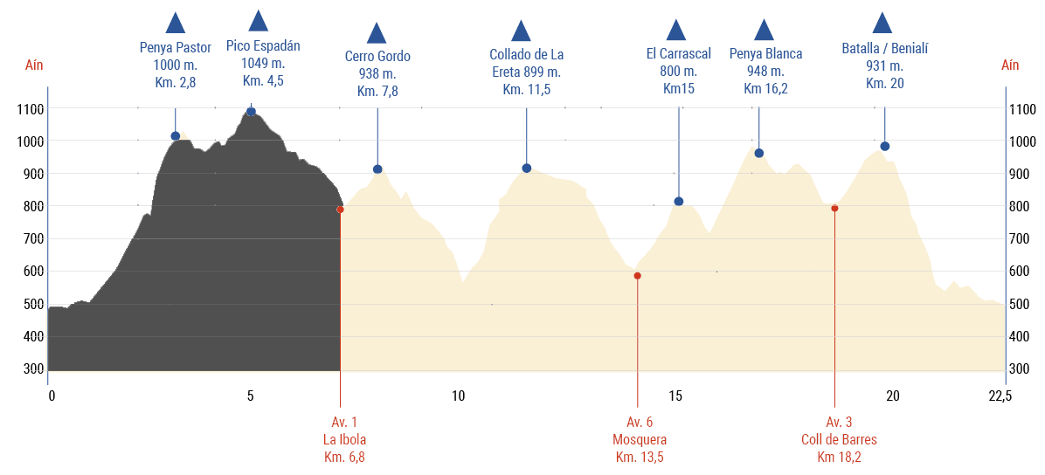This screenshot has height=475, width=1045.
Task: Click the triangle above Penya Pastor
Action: coord(176,24)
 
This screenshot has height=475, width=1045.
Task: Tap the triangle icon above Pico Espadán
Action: coord(258,21)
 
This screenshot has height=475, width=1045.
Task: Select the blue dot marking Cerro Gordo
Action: coord(377,169)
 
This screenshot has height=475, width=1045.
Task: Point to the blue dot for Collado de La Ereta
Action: coord(526,169)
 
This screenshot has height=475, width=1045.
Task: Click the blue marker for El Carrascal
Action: coord(678,202)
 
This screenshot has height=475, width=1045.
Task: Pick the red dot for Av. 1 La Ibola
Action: coord(340,210)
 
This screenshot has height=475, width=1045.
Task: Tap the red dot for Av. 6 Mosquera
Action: coord(637,276)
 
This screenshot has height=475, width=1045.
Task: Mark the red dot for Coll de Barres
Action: coord(834,208)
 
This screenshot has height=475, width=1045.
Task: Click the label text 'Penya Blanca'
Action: coord(765,54)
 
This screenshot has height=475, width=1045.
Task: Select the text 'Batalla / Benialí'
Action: coord(884,49)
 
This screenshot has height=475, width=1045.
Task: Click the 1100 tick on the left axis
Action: coord(31,109)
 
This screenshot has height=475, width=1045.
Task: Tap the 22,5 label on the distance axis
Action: coord(1000,396)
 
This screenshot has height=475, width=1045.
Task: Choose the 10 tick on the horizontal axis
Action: coord(458,396)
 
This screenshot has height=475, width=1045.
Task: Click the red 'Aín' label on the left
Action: coord(34,65)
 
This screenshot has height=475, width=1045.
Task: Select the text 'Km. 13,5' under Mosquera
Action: coord(640,457)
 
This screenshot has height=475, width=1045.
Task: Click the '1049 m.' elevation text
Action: coord(263,64)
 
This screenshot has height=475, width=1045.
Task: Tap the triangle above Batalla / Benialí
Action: coord(882,24)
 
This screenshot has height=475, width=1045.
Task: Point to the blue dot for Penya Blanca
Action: coord(758,154)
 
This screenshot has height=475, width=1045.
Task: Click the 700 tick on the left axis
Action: coord(31,239)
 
